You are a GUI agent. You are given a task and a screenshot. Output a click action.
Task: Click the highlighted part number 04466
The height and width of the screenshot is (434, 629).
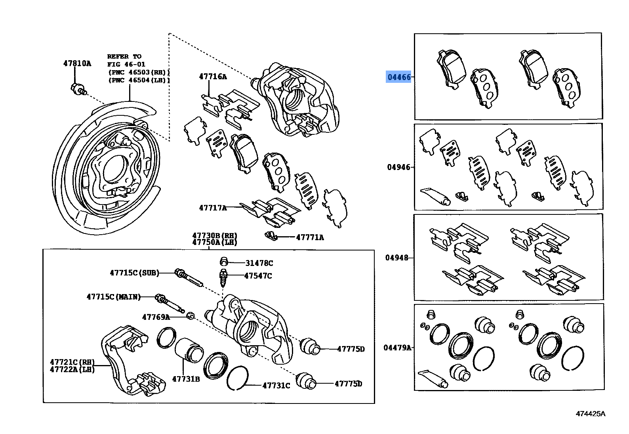pyautogui.click(x=399, y=77)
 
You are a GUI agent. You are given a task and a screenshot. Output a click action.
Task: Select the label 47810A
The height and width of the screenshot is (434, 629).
pyautogui.click(x=77, y=63)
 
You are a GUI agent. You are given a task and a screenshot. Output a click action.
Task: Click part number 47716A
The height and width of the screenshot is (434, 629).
pyautogui.click(x=213, y=77)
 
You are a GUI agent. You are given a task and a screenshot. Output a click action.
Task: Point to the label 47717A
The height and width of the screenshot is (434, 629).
pyautogui.click(x=213, y=207)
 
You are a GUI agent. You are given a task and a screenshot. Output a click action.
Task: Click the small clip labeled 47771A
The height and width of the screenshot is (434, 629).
pyautogui.click(x=271, y=235)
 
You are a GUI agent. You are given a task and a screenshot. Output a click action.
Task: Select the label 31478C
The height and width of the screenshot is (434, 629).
pyautogui.click(x=259, y=263)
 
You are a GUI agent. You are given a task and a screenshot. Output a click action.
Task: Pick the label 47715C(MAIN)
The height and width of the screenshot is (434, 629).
pyautogui.click(x=114, y=296)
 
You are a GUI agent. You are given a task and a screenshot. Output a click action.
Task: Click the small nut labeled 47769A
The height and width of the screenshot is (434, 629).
pyautogui.click(x=190, y=316)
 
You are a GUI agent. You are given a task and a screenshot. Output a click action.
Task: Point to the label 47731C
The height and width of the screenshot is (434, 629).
pyautogui.click(x=276, y=385)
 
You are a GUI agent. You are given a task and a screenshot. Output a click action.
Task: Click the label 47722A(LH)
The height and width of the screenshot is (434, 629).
pyautogui.click(x=72, y=369)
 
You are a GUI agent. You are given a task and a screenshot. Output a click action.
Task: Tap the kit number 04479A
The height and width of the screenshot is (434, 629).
pyautogui.click(x=397, y=348)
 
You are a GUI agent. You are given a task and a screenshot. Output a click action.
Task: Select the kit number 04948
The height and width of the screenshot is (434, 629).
pyautogui.click(x=397, y=258)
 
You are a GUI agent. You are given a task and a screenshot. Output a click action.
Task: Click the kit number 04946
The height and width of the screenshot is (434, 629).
pyautogui.click(x=398, y=167)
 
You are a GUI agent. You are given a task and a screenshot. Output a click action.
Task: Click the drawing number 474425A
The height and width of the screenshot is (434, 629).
pyautogui.click(x=591, y=414)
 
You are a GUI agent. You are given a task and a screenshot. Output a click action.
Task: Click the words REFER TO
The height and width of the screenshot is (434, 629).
pyautogui.click(x=124, y=56)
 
